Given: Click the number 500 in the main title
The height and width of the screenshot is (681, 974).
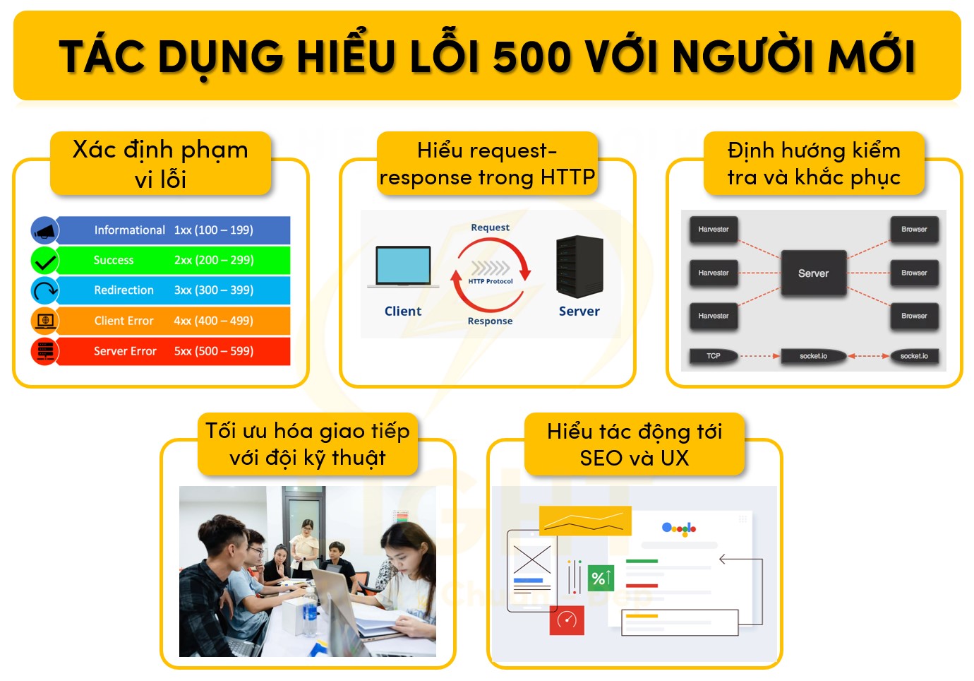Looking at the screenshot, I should (531, 57).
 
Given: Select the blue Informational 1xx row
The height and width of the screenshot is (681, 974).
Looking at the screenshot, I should (173, 230).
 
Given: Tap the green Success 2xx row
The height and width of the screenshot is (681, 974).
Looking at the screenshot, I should (173, 260).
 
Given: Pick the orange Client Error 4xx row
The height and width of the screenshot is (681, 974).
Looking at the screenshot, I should (173, 321).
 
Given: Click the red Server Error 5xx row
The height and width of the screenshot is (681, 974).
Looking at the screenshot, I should (173, 351).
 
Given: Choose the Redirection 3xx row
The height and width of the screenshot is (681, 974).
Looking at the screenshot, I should (173, 290).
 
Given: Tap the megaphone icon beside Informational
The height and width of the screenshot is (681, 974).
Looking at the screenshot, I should (44, 230).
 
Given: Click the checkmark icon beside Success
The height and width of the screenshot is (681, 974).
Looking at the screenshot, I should (44, 261).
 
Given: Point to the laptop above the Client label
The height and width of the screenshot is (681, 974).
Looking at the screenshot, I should (403, 267).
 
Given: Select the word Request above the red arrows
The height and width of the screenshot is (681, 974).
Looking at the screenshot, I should (490, 227).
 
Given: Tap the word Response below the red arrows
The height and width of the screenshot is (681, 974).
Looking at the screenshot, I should (490, 321).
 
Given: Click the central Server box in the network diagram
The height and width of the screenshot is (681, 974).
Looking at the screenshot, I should (813, 273).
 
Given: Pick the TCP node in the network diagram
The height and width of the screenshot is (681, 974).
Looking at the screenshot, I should (714, 356).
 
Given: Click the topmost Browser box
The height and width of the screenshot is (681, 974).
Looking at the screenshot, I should (914, 230).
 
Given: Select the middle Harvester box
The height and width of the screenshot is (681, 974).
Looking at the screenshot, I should (714, 273).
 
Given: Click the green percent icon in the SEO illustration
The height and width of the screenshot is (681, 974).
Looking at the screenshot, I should (601, 578).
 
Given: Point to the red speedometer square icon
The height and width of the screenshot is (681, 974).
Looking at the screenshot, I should (567, 620).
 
